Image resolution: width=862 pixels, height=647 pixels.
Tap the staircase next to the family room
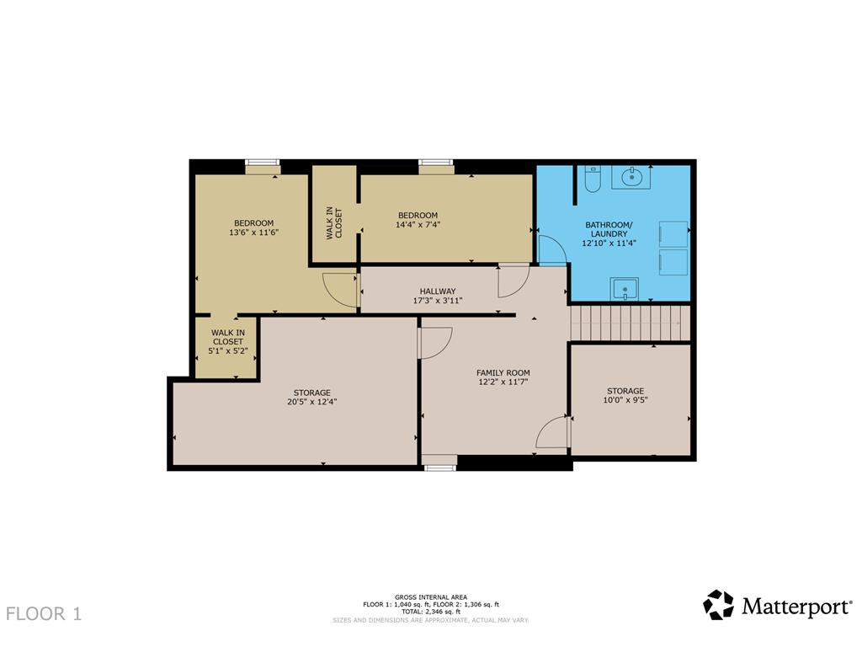click(x=630, y=323)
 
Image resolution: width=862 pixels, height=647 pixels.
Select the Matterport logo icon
click(x=719, y=605)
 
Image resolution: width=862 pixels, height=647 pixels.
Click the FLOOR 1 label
click(x=44, y=614)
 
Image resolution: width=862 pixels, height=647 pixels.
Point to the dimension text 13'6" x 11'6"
click(x=253, y=233)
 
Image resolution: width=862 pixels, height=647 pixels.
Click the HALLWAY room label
click(x=438, y=291)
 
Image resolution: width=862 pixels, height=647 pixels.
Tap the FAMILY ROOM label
click(x=503, y=372)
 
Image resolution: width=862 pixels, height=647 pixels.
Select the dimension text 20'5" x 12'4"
click(x=311, y=402)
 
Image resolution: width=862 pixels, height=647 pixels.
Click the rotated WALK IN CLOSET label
click(x=333, y=222)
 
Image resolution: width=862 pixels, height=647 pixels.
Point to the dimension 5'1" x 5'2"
click(x=228, y=350)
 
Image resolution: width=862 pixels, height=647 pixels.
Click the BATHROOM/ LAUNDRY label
click(x=609, y=229)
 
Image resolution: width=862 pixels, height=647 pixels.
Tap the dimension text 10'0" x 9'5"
click(x=625, y=400)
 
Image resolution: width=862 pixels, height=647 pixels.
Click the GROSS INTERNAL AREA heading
click(x=431, y=597)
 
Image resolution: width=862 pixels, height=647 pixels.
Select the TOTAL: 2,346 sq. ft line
click(x=431, y=612)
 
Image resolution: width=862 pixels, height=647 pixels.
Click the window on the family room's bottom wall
click(x=439, y=467)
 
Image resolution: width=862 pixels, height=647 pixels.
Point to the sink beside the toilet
click(x=631, y=177)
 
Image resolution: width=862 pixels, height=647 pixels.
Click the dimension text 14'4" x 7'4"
click(x=418, y=224)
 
